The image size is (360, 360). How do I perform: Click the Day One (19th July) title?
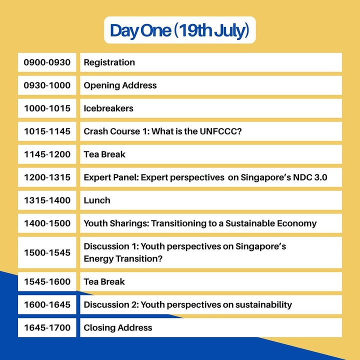179,31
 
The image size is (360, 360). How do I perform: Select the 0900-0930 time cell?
47,62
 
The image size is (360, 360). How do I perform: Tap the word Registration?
109,62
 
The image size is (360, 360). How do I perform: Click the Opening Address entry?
120,85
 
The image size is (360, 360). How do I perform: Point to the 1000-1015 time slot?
47,108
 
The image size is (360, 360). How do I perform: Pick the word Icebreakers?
108,108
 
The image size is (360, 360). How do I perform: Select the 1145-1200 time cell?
47,154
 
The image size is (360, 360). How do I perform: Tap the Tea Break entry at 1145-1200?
104,154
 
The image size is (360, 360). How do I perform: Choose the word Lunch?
97,200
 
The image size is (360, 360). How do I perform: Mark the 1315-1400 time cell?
47,200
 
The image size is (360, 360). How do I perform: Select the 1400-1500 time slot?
47,223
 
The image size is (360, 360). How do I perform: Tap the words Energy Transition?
123,259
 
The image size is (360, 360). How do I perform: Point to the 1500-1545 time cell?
47,252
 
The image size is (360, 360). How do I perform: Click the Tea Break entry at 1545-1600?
104,281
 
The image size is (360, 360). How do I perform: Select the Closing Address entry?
118,327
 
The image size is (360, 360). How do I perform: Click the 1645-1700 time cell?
47,327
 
